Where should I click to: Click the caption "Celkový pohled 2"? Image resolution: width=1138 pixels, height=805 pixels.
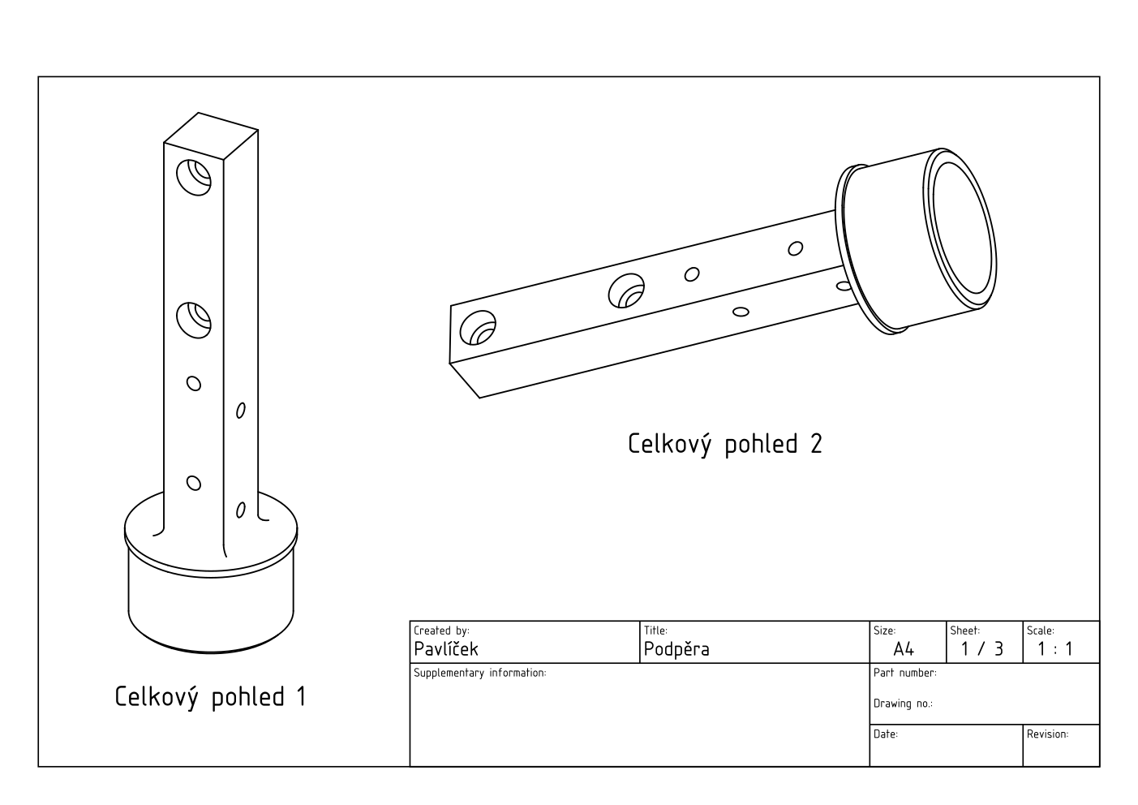coord(724,444)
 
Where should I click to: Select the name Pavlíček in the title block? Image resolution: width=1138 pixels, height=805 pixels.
coord(445,649)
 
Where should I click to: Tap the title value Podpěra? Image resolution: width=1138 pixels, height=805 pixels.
coord(676,649)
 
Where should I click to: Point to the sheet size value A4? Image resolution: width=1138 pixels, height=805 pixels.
coord(903,649)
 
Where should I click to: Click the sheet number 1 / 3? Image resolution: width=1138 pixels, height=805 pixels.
coord(981,649)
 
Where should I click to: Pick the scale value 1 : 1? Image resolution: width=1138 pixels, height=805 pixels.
coord(1054,649)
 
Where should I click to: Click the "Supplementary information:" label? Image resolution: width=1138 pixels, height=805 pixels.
coord(479,673)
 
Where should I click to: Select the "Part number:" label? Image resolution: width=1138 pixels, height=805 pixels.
coord(904,673)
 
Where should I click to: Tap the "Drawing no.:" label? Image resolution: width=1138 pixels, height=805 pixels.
coord(902,704)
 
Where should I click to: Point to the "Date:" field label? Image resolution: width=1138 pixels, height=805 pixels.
coord(885,734)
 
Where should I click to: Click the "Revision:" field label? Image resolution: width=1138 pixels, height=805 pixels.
coord(1047,734)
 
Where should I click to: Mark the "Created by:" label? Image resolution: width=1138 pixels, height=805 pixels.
coord(441,631)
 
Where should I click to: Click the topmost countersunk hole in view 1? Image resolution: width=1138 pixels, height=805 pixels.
coord(194,177)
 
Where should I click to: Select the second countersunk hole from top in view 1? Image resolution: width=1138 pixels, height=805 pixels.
coord(194,319)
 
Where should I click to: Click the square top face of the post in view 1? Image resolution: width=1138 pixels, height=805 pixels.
coord(211,136)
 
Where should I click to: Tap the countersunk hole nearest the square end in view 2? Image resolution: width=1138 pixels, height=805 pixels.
coord(477,329)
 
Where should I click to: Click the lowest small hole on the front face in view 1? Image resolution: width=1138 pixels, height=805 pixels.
coord(194,484)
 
